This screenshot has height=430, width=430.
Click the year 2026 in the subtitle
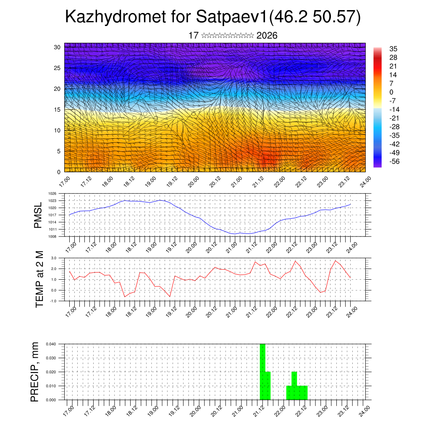point(267,36)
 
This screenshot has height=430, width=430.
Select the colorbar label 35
point(393,49)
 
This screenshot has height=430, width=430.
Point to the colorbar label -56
point(395,161)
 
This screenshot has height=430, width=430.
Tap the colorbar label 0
point(391,92)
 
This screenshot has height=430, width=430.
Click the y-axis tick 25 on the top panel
point(57,68)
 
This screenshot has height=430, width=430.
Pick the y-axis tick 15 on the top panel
point(57,110)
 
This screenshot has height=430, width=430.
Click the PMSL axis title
point(38,215)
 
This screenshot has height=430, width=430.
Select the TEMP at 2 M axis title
point(39,279)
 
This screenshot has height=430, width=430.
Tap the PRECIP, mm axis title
point(36,372)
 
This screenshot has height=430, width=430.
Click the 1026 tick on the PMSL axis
point(52,194)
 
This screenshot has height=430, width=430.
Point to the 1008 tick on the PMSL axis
point(52,236)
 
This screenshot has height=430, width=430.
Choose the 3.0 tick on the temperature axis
point(54,258)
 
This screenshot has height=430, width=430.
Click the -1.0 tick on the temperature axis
point(53,301)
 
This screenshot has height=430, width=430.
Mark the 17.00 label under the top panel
point(64,182)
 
